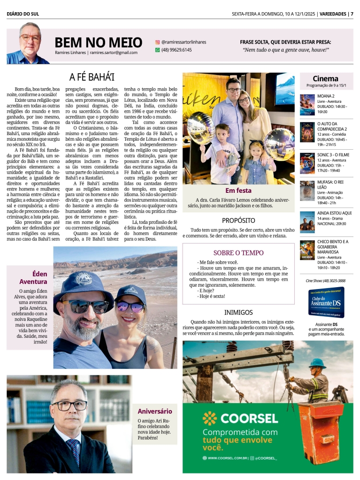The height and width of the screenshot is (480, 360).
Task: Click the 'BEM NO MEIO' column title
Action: point(98,43)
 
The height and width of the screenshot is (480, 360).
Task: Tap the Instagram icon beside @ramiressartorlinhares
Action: point(158,42)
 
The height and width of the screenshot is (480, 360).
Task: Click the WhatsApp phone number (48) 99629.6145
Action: point(176,50)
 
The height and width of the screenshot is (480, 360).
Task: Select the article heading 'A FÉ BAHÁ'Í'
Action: point(92,77)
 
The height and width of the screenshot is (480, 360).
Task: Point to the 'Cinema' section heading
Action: point(325,78)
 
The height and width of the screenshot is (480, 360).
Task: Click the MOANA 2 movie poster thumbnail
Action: point(307,104)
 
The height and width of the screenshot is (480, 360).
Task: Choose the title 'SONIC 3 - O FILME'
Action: point(333,154)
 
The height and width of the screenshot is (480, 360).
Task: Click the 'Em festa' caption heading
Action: point(238,190)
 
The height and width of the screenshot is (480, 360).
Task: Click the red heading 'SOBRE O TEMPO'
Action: point(238,252)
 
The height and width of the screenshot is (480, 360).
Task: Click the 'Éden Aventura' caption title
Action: point(33,278)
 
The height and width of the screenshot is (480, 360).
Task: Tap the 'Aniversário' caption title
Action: point(154,411)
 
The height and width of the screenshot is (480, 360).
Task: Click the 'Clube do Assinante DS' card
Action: point(326,303)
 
